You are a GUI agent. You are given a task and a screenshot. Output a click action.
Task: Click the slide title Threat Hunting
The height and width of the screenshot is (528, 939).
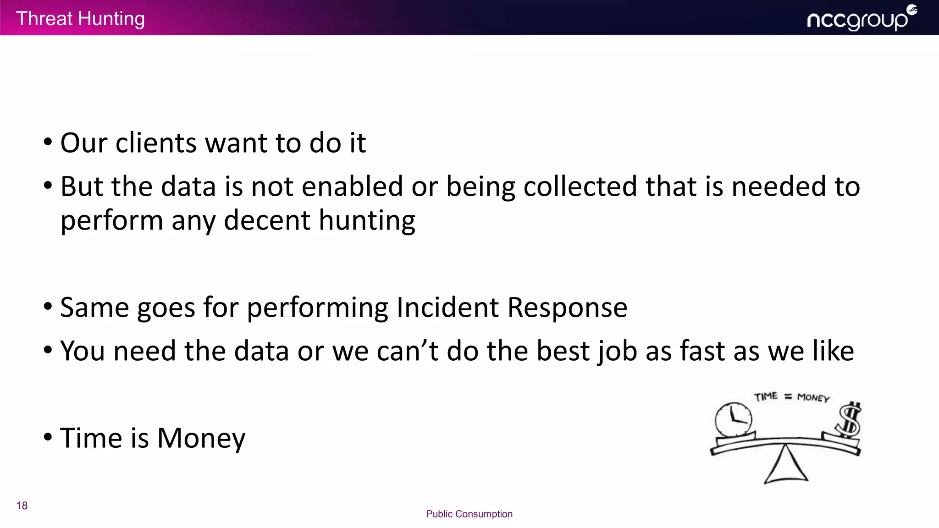(x=80, y=19)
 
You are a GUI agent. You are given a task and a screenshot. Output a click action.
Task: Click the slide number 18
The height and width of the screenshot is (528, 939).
(x=22, y=506)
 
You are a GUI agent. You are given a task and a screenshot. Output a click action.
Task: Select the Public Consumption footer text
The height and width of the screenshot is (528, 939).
(x=469, y=514)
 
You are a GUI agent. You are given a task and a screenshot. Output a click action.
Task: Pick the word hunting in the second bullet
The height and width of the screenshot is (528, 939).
(x=367, y=220)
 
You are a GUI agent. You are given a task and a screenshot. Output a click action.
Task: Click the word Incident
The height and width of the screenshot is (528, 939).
(x=447, y=307)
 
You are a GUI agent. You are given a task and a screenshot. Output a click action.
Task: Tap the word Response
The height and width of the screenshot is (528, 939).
(x=567, y=307)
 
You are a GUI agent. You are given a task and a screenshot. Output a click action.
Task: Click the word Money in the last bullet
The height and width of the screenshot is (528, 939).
(x=201, y=438)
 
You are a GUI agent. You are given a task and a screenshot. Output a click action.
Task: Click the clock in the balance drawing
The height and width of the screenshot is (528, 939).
(x=734, y=419)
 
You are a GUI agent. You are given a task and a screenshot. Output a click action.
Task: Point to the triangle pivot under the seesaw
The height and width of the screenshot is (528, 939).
(x=786, y=467)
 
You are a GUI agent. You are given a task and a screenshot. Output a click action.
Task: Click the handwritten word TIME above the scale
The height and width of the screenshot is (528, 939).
(x=766, y=396)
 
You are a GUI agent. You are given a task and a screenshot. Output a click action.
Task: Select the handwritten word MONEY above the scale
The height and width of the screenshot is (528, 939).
(x=813, y=397)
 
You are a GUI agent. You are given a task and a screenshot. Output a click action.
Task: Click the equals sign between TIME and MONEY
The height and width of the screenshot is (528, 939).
(x=788, y=397)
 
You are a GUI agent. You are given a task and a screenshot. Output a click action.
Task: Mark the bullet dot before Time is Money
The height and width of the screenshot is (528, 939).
(x=48, y=437)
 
